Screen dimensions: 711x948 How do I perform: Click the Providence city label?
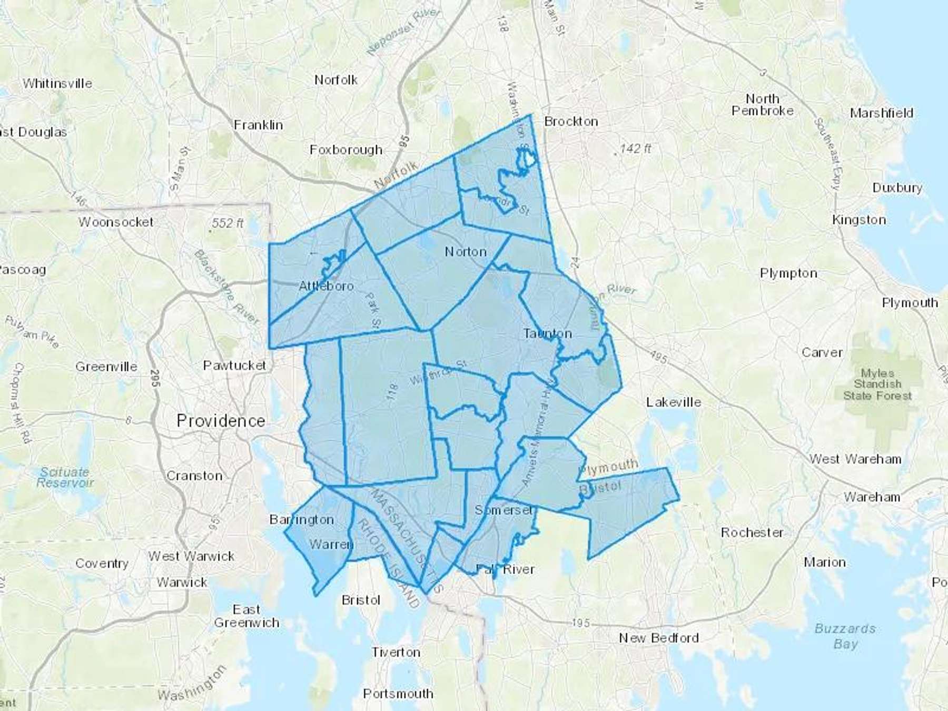221,420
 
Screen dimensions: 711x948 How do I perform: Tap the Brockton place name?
571,122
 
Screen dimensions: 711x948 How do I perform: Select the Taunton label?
547,333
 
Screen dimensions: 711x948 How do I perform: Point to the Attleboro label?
326,286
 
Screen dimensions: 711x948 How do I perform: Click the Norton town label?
466,252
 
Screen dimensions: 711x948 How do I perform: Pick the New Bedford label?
658,638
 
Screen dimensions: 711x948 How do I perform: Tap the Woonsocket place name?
116,222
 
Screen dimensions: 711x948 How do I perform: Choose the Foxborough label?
346,150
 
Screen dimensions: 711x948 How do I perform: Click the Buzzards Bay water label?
845,636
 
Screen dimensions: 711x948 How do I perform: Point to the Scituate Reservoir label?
64,477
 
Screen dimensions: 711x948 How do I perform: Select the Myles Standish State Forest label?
877,384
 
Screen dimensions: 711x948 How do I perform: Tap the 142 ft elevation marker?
635,149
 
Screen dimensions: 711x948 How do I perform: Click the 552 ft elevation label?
227,223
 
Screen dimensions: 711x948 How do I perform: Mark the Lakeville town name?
674,402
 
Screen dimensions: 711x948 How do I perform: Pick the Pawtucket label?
235,365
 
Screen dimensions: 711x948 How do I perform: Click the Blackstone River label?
226,288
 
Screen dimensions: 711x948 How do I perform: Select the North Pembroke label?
762,105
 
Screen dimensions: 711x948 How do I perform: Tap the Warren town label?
331,544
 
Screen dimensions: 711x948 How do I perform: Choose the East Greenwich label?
246,616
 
